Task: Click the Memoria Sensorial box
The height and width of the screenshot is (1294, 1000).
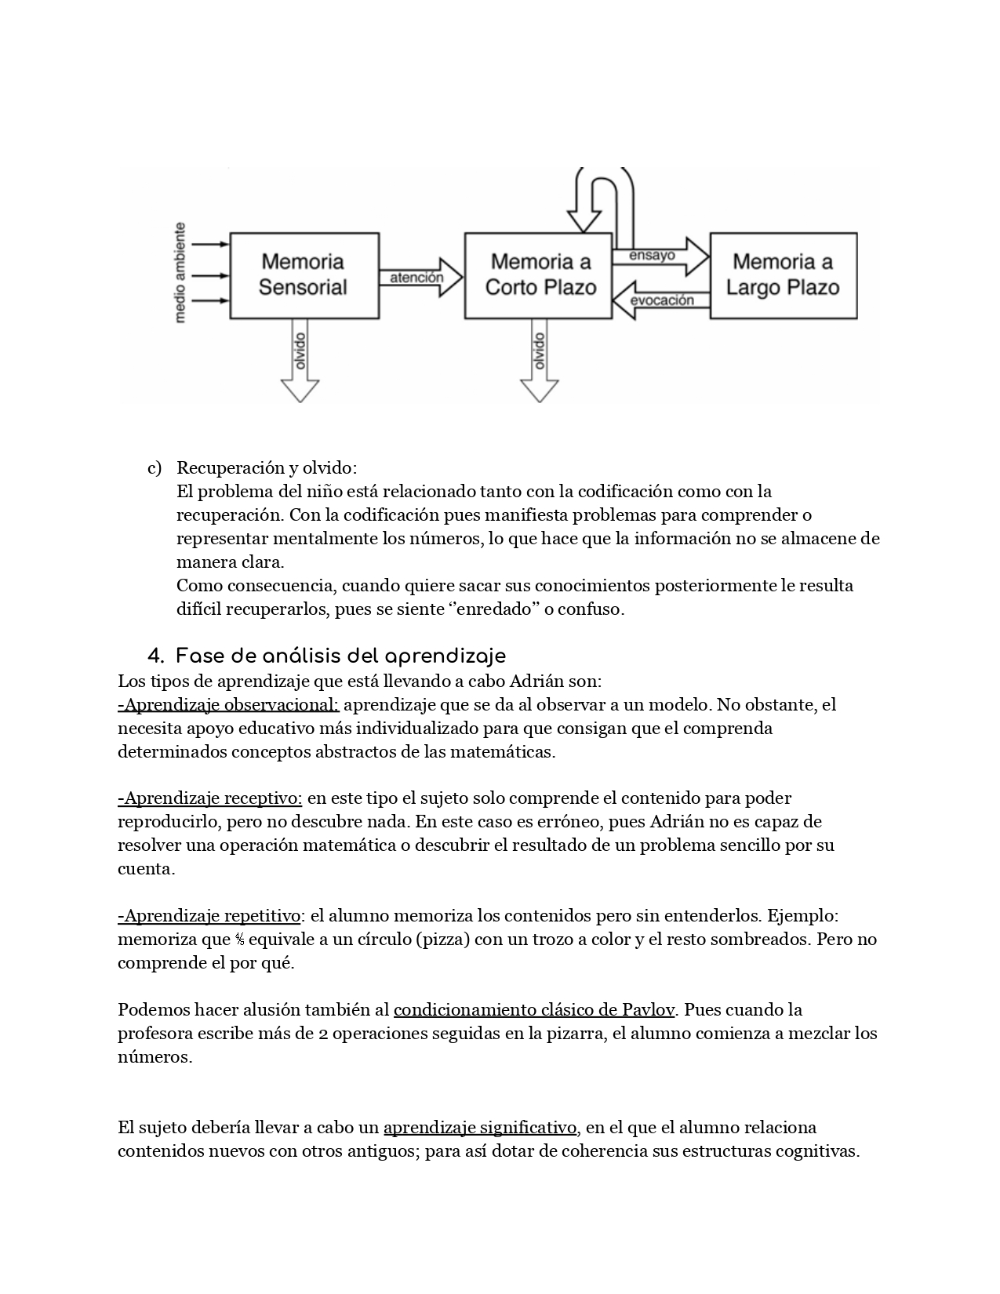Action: (x=303, y=275)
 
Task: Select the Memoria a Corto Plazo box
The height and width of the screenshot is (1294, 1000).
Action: (x=538, y=275)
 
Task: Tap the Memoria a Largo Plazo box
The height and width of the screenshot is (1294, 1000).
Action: (x=783, y=275)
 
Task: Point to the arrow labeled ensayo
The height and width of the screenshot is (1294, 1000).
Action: (x=659, y=256)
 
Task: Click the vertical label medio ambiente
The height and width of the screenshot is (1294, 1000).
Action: (x=181, y=273)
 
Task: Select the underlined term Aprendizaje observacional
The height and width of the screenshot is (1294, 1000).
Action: (x=228, y=704)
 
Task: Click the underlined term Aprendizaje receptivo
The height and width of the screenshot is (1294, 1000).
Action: (x=210, y=798)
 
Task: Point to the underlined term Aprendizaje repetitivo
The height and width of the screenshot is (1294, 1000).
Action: (x=209, y=916)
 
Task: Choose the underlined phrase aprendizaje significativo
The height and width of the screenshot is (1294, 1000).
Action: (x=480, y=1128)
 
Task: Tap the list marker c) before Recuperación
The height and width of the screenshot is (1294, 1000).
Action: (x=155, y=468)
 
